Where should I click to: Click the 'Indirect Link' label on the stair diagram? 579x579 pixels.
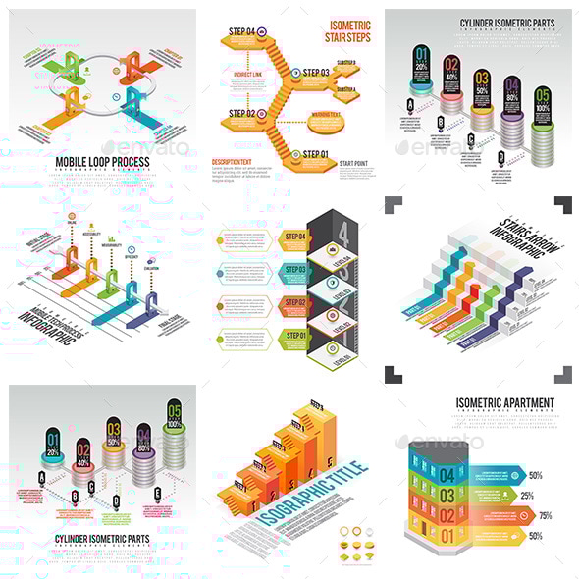(246, 75)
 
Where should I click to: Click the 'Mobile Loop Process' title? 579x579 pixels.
(102, 161)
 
